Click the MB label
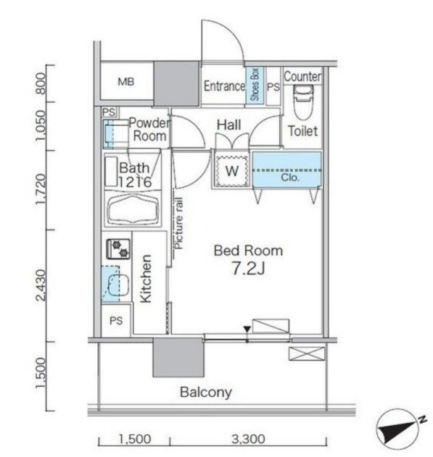126,82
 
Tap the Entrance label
224,86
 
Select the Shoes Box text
255,85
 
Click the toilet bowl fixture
303,102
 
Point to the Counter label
302,77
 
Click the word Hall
229,125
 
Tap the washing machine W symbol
232,171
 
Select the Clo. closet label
290,177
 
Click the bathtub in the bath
133,209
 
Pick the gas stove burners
118,249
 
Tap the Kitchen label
146,279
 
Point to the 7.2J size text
248,269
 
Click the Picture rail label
178,223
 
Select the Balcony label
206,393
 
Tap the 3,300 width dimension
249,439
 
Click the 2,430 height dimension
41,285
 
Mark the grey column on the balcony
178,358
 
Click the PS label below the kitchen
116,321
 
